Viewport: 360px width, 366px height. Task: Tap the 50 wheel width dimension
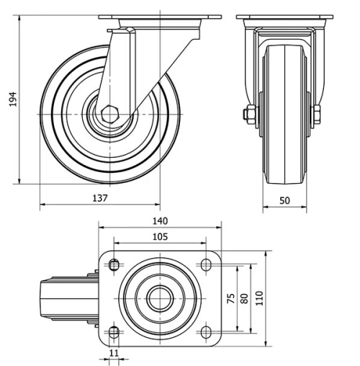(x=284, y=201)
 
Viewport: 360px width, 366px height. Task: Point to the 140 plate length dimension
(x=160, y=222)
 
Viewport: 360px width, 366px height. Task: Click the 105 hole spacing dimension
(x=160, y=236)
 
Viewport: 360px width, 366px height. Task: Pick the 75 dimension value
(x=232, y=299)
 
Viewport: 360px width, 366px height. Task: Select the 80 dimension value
(x=245, y=299)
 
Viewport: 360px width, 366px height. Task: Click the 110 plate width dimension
(x=260, y=299)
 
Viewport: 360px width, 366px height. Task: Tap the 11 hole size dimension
(x=113, y=352)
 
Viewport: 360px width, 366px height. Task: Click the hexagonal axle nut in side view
(x=109, y=115)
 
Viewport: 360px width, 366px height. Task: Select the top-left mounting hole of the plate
(x=114, y=266)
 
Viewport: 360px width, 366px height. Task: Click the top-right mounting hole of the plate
(x=207, y=266)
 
